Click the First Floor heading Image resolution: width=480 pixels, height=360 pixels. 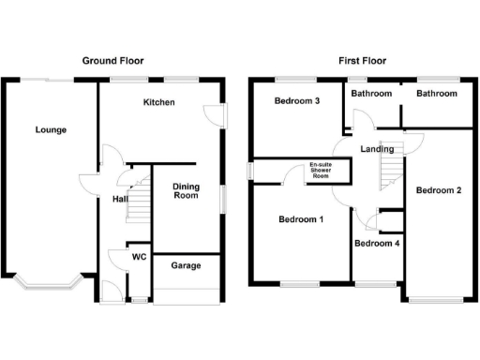[x=362, y=61]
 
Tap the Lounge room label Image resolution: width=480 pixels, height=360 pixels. [x=51, y=129]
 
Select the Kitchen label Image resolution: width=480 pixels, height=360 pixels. [x=158, y=101]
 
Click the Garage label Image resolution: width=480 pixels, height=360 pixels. [x=186, y=266]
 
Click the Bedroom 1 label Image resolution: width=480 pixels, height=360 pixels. [x=301, y=220]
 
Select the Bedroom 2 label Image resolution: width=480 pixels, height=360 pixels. [x=439, y=191]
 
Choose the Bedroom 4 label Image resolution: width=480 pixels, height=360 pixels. [x=376, y=244]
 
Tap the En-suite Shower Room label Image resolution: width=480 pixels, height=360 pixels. [x=321, y=171]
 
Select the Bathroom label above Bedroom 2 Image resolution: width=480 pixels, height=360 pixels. [x=437, y=94]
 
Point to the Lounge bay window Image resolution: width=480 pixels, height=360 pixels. [x=50, y=284]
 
